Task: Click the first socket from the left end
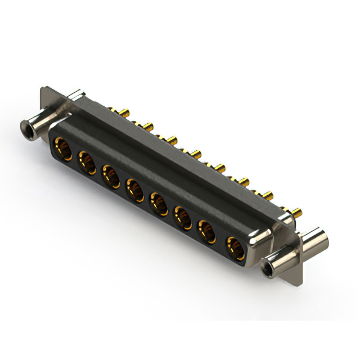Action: [61, 150]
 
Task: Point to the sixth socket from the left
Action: [183, 217]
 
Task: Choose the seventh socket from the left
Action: [208, 231]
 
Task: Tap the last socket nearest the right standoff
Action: [234, 246]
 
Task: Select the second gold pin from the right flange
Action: [269, 195]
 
